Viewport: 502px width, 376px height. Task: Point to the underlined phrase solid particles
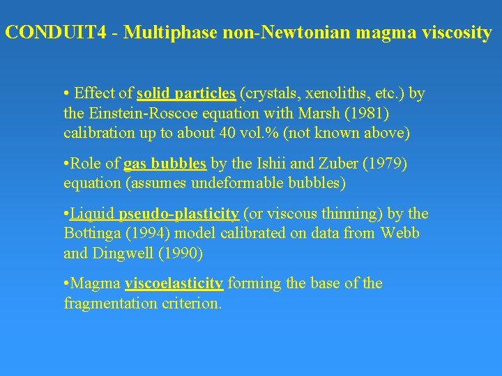tap(186, 93)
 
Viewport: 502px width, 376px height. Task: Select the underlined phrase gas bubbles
tap(165, 164)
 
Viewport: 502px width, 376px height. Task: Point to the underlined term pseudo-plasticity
tap(179, 214)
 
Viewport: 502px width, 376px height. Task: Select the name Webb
tap(400, 233)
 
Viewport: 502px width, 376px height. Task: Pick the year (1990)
tap(180, 253)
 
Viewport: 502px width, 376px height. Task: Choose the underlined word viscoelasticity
tap(174, 283)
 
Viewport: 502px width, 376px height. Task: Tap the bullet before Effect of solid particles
tap(66, 93)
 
